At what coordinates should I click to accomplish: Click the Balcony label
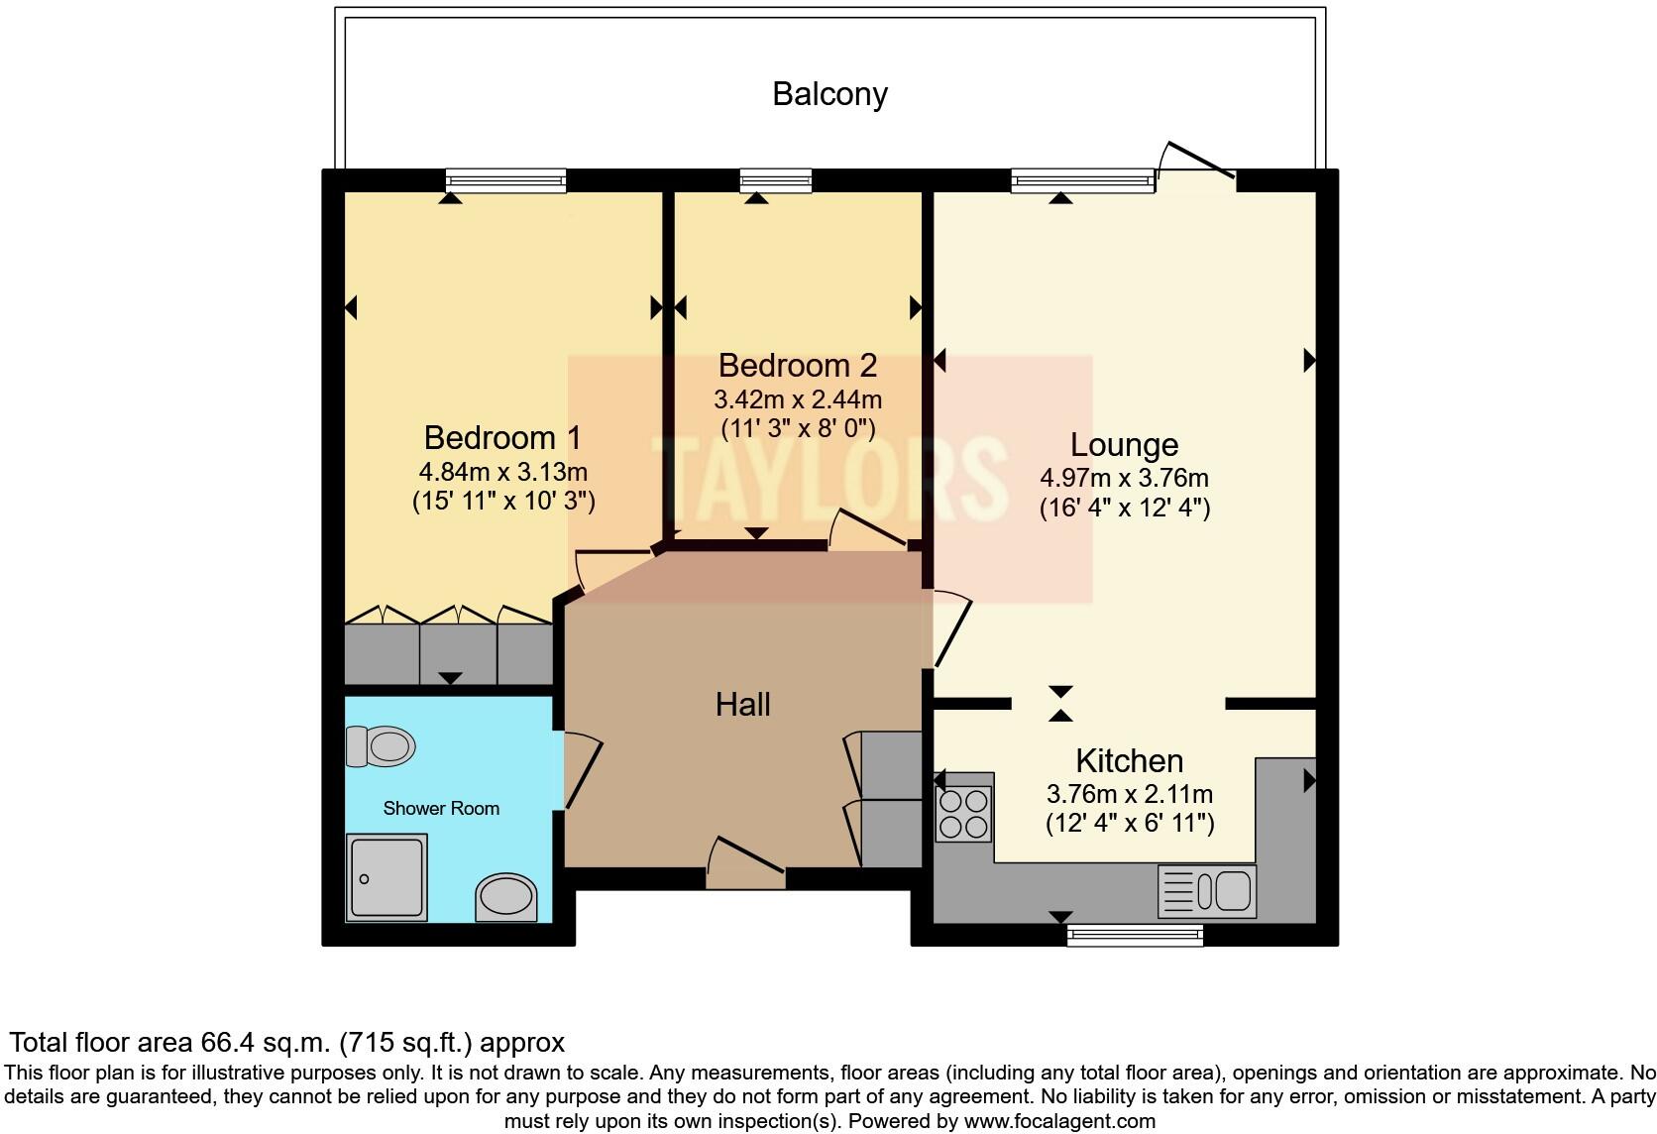pyautogui.click(x=829, y=94)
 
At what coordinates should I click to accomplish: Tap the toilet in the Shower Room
pyautogui.click(x=381, y=745)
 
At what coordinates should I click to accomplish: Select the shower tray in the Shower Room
pyautogui.click(x=387, y=876)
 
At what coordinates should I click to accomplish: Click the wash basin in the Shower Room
pyautogui.click(x=506, y=898)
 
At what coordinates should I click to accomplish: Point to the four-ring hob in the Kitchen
pyautogui.click(x=963, y=813)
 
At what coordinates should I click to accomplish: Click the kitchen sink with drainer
pyautogui.click(x=1206, y=890)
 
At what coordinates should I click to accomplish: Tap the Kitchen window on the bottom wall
pyautogui.click(x=1135, y=935)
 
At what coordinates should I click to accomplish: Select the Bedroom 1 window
pyautogui.click(x=505, y=180)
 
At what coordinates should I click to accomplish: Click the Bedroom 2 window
pyautogui.click(x=776, y=180)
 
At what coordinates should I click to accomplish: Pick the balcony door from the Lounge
pyautogui.click(x=1198, y=163)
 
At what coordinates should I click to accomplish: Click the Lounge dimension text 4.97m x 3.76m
pyautogui.click(x=1124, y=478)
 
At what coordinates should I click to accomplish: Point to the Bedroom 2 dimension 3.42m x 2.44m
pyautogui.click(x=798, y=400)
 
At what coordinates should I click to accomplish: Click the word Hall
pyautogui.click(x=742, y=705)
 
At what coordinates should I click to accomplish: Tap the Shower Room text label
pyautogui.click(x=441, y=809)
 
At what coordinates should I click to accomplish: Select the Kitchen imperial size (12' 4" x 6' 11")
pyautogui.click(x=1130, y=824)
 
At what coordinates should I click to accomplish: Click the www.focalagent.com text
pyautogui.click(x=1058, y=1122)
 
